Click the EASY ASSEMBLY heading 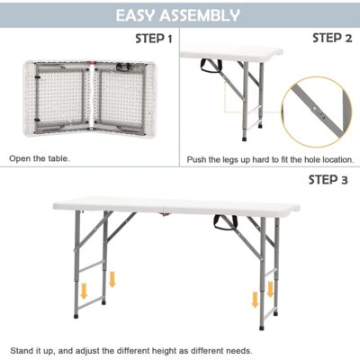point(177,15)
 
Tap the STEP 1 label point(154,39)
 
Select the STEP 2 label point(332,38)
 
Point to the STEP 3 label point(328,180)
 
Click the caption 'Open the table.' point(40,158)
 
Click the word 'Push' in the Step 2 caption point(196,159)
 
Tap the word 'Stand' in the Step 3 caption point(22,350)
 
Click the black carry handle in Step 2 point(211,66)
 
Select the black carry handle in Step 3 point(225,222)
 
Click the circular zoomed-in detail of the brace point(317,112)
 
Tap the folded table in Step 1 point(90,98)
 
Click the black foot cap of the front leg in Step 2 point(245,139)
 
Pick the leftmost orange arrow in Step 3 point(84,291)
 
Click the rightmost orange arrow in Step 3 point(270,289)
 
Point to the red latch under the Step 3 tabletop point(165,214)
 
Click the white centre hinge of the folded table point(92,97)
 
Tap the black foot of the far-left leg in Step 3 point(76,316)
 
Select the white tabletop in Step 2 point(231,53)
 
